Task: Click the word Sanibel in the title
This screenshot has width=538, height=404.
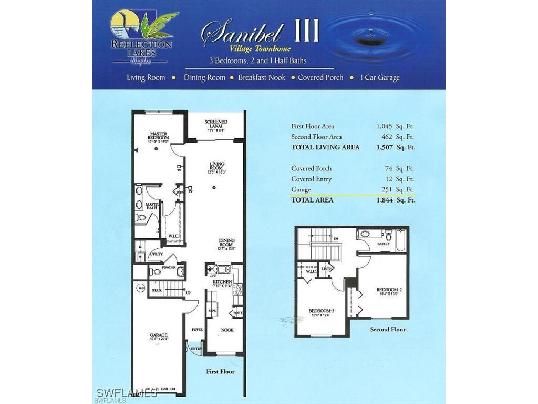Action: tap(243, 33)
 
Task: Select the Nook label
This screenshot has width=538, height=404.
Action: tap(227, 330)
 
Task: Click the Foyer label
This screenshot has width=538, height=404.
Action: tap(197, 330)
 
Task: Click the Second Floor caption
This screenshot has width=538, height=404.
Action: tap(388, 329)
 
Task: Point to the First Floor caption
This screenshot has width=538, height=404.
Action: tap(220, 371)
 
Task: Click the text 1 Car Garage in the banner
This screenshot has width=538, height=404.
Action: tap(380, 77)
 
